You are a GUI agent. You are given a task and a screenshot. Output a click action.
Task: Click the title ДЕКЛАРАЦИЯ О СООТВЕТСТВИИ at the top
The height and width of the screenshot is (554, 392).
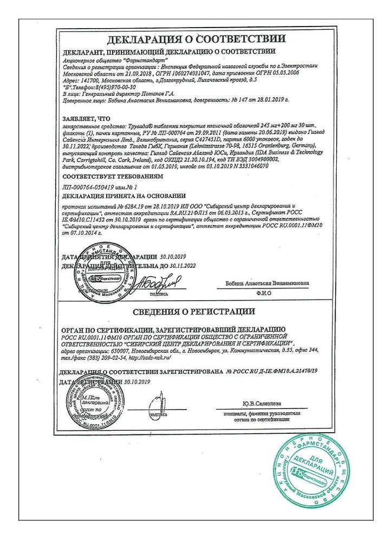(196, 39)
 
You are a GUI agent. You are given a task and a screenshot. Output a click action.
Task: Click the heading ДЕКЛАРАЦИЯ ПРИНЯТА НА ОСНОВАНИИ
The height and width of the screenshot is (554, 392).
(124, 195)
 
